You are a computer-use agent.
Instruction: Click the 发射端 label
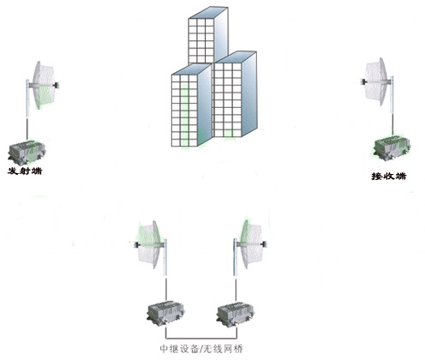pyautogui.click(x=25, y=171)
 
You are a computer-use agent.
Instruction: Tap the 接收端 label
pyautogui.click(x=389, y=176)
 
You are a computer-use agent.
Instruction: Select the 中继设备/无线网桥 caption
pyautogui.click(x=201, y=349)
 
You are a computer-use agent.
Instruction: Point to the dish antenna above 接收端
pyautogui.click(x=376, y=81)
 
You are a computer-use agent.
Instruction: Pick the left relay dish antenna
pyautogui.click(x=151, y=244)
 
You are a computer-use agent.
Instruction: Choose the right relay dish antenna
pyautogui.click(x=250, y=244)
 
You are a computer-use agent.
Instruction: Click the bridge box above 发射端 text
pyautogui.click(x=27, y=153)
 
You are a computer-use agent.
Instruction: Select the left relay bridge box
pyautogui.click(x=165, y=313)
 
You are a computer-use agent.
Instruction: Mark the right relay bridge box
pyautogui.click(x=236, y=315)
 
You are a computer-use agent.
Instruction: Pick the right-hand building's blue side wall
pyautogui.click(x=249, y=94)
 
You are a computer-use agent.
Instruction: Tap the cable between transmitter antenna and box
pyautogui.click(x=27, y=129)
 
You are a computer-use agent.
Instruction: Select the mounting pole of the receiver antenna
pyautogui.click(x=392, y=105)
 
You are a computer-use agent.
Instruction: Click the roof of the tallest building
pyautogui.click(x=208, y=13)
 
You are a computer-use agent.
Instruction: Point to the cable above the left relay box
pyautogui.click(x=166, y=289)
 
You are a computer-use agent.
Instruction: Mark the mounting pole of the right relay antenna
pyautogui.click(x=235, y=257)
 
